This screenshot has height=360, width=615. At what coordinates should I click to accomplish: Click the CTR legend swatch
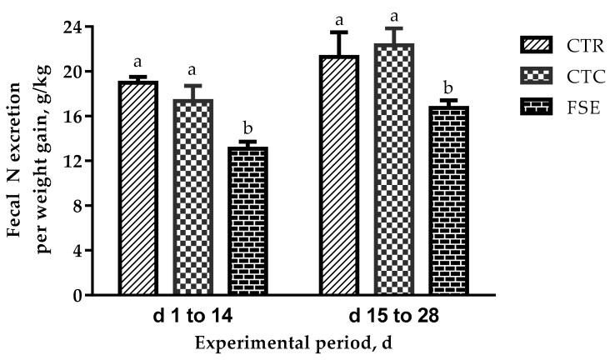(x=527, y=42)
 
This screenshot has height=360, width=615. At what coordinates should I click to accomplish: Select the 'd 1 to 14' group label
(x=193, y=318)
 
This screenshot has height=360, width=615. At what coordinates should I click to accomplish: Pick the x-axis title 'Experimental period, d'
(x=294, y=344)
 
